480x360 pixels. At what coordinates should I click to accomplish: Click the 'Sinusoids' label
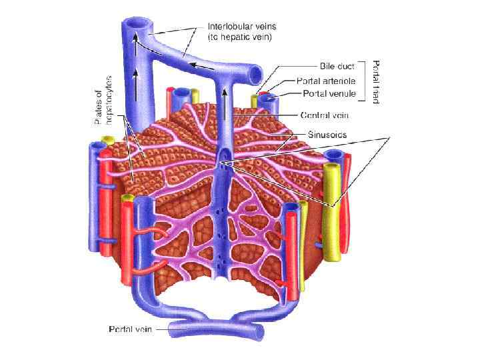(x=323, y=134)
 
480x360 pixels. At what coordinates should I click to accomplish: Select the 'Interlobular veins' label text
(x=237, y=27)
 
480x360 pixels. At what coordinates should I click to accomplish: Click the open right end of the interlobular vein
(x=256, y=72)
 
